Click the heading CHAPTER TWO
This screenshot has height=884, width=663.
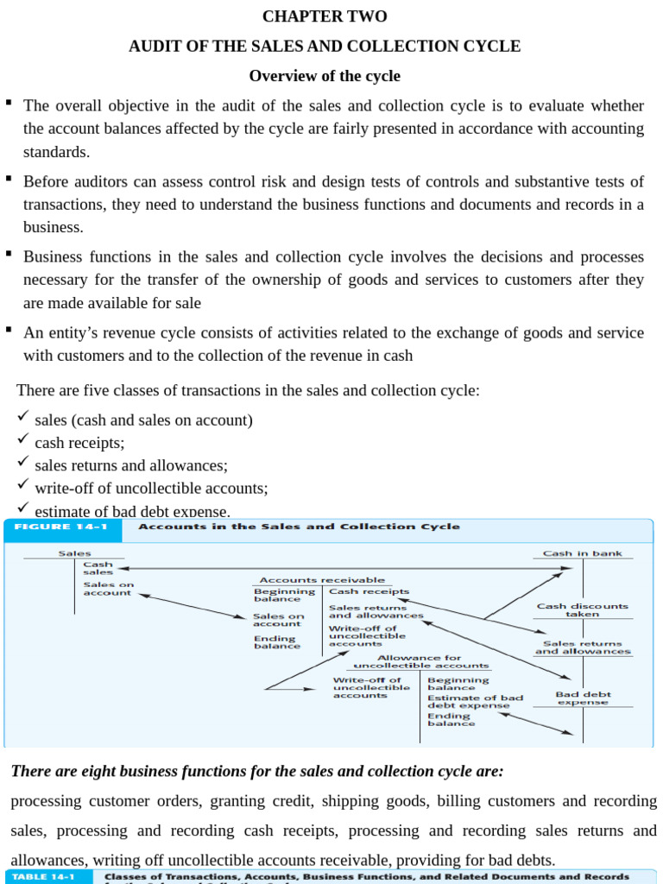pos(325,16)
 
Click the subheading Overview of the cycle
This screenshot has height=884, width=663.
pos(325,76)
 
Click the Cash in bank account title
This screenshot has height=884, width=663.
pos(582,553)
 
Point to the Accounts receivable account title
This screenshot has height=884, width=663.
pos(322,580)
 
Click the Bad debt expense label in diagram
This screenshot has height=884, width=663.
pos(583,698)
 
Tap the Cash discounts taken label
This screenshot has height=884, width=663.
pos(582,609)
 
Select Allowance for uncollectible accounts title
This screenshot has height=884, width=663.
pos(420,661)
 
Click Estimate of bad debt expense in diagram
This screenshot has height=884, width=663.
pos(475,701)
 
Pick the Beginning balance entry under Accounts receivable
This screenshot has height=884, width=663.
pos(284,595)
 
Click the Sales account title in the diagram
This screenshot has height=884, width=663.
pos(74,553)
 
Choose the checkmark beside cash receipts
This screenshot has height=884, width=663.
pos(23,439)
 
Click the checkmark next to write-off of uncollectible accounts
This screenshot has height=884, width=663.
pos(23,484)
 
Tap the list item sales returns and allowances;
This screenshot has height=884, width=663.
pos(131,465)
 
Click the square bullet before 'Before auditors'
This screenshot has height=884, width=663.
pos(8,178)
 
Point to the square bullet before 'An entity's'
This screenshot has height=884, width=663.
pos(8,329)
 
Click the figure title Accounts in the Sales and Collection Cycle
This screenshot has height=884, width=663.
pos(299,527)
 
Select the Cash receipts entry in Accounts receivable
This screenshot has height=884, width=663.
pos(357,591)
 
